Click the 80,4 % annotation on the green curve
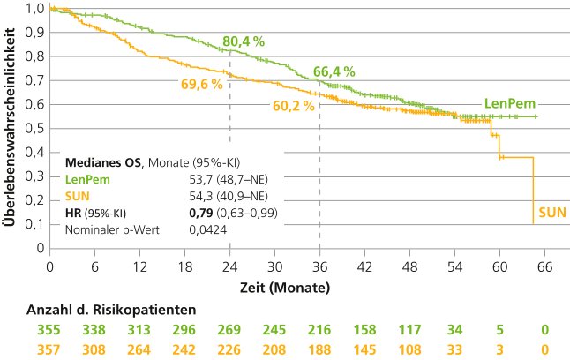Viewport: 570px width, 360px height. click(243, 41)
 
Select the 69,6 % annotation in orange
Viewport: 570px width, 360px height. click(202, 85)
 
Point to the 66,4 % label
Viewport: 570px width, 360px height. click(334, 71)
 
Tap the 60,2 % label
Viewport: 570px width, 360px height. click(292, 108)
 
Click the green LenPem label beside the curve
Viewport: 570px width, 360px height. click(509, 103)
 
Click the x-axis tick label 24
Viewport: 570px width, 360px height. click(229, 266)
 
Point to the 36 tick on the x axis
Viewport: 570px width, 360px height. click(319, 266)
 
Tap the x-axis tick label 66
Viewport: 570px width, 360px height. click(544, 266)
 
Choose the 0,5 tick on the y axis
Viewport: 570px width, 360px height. click(33, 129)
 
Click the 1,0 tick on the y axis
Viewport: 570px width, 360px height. click(33, 9)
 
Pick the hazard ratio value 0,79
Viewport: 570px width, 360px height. click(203, 213)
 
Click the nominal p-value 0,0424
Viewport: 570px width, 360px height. click(207, 229)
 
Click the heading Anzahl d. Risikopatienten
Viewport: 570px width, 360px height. click(111, 310)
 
